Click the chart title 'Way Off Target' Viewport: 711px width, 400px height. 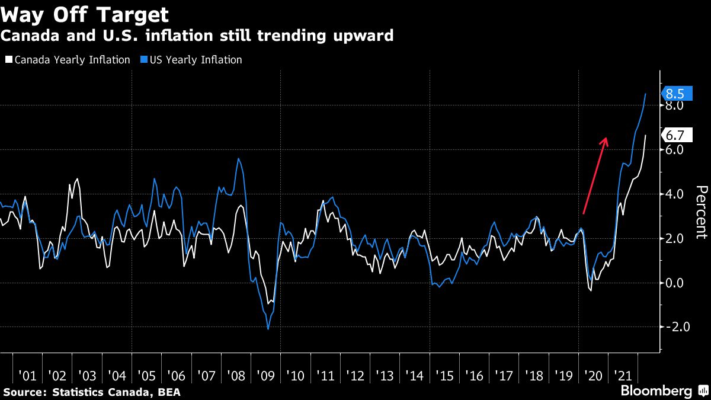85,14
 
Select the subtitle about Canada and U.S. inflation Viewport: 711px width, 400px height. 197,36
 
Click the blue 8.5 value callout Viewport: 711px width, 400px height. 674,94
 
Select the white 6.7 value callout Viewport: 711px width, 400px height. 674,135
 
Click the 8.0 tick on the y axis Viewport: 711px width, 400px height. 674,105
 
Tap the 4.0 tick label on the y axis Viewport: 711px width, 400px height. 674,194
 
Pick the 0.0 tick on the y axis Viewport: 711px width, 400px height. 674,283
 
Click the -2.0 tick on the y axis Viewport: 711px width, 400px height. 673,327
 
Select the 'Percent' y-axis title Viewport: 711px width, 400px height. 700,212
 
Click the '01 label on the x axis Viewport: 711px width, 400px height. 28,376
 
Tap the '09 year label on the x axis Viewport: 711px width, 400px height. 265,376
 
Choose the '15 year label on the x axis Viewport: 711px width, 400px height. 444,376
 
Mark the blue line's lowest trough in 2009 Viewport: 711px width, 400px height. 268,329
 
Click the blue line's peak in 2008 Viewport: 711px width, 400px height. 238,159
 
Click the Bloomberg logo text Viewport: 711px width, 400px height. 656,391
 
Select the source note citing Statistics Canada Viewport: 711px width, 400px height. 92,392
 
